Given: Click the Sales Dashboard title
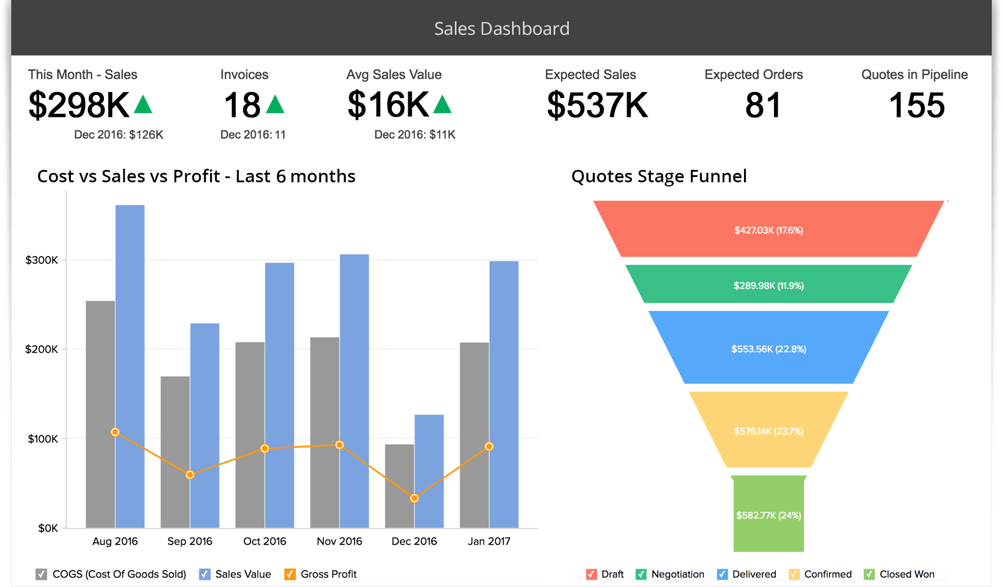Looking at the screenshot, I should click(501, 28).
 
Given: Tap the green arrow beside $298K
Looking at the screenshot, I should click(143, 105).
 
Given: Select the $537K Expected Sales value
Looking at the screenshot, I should click(597, 105).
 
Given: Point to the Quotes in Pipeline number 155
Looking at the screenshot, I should click(916, 105).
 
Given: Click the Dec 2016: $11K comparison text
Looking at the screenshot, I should click(415, 135).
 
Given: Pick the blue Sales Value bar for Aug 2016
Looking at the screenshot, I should click(130, 366).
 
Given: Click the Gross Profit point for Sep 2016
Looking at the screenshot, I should click(190, 475).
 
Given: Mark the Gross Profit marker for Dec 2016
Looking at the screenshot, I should click(415, 499).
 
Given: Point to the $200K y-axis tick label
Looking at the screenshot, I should click(41, 349).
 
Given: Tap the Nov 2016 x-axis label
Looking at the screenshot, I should click(339, 541).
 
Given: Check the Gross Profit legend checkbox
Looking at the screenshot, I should click(290, 574).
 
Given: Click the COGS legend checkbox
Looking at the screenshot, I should click(41, 574).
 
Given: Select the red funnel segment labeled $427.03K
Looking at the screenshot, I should click(768, 230).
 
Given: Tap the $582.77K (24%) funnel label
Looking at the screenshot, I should click(768, 515).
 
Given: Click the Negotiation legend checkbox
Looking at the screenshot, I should click(641, 574).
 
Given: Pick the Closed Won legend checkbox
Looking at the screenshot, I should click(869, 574).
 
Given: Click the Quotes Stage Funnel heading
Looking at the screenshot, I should click(659, 176).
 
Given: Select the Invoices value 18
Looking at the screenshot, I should click(242, 105).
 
